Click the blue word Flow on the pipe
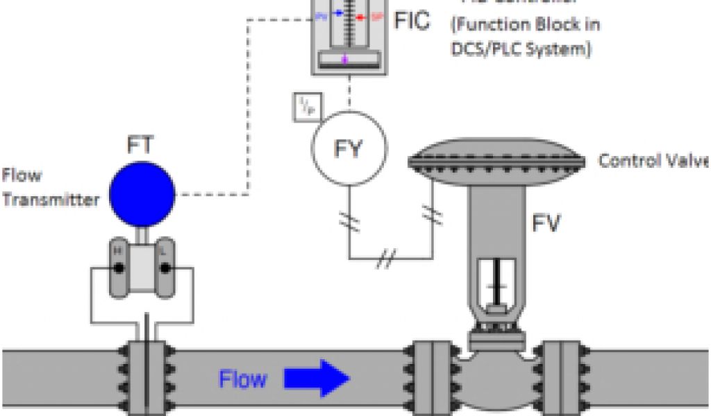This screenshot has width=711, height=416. [242, 379]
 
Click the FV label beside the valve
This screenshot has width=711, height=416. [546, 223]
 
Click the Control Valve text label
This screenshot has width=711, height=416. [653, 161]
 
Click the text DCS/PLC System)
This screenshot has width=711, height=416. [521, 50]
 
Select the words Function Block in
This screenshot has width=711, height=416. [526, 24]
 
